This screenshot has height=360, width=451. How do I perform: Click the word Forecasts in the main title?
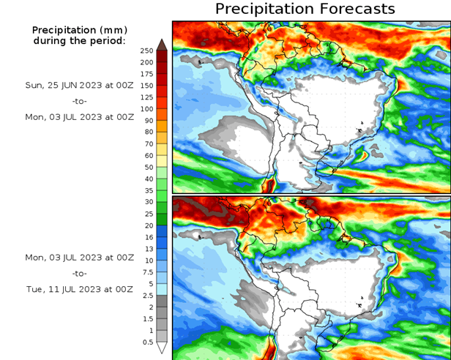355,9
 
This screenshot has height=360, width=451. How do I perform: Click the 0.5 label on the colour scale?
147,342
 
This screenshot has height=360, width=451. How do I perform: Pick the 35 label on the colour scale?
148,190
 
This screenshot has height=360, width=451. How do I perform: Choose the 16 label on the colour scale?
148,237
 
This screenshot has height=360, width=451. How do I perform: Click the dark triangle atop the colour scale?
162,43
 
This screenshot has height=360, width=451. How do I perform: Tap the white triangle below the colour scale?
162,348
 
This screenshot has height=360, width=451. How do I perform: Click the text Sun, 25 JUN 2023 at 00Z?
79,85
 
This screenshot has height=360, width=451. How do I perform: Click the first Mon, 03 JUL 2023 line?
79,116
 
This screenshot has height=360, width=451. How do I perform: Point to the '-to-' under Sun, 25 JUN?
80,100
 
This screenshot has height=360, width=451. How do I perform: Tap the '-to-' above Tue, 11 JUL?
80,273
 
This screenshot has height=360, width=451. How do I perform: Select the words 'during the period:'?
79,41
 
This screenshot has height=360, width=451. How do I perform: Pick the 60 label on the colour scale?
148,155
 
